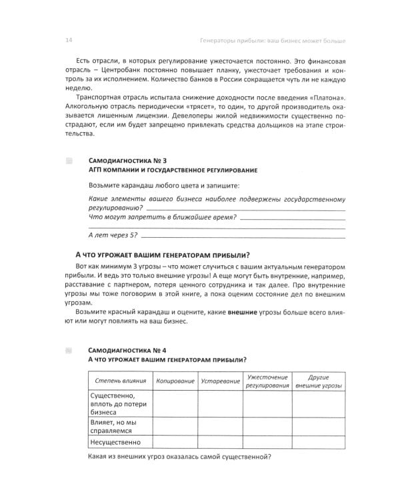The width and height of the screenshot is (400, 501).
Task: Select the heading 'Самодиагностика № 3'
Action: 127,161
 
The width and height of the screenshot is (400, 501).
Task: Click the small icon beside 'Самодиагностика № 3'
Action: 69,161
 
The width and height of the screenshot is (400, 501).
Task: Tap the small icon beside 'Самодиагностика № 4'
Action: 69,349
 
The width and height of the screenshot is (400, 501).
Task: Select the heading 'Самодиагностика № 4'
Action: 127,349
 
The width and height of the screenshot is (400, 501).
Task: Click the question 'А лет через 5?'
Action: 112,234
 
